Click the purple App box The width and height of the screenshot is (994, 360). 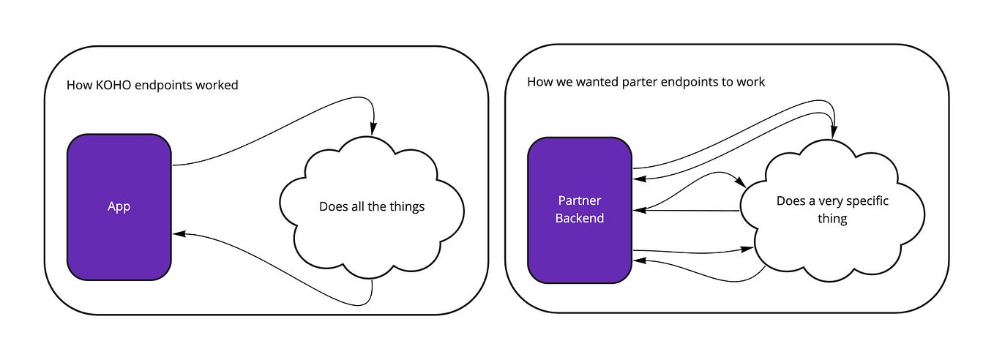(119, 206)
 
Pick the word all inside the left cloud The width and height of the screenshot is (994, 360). (357, 206)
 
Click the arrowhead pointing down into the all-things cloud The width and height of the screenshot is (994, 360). (373, 129)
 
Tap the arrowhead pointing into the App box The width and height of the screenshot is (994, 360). (179, 234)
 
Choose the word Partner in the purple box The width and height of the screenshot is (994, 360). (579, 201)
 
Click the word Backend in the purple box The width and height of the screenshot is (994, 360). (579, 218)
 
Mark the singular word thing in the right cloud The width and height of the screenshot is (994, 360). (832, 218)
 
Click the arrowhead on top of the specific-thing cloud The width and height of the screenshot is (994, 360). (832, 132)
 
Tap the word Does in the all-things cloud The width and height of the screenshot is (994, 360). (333, 206)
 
